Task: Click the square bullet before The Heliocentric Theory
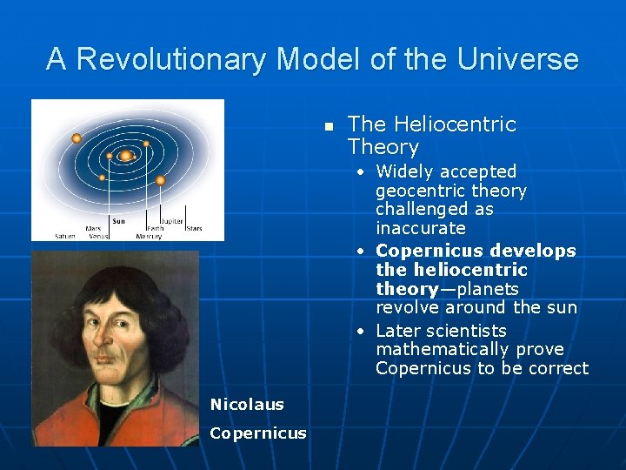pos(329,127)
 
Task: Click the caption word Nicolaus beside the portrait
pos(247,404)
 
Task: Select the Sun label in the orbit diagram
pos(119,221)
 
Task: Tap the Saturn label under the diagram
pos(65,236)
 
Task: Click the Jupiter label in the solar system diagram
pos(171,221)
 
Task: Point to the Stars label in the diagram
pos(194,229)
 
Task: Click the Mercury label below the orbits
pos(149,236)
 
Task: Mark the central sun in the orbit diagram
pos(126,156)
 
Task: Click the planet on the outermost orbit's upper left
pos(77,138)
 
